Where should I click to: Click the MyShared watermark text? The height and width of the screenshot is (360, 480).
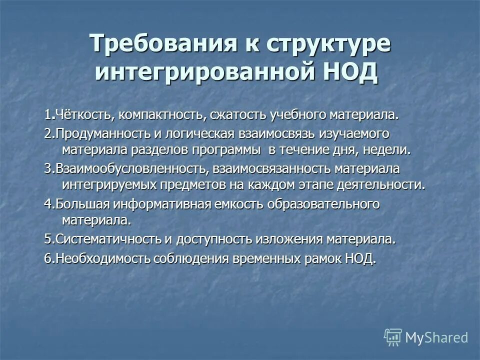436,337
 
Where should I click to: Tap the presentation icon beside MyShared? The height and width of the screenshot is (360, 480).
393,337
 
